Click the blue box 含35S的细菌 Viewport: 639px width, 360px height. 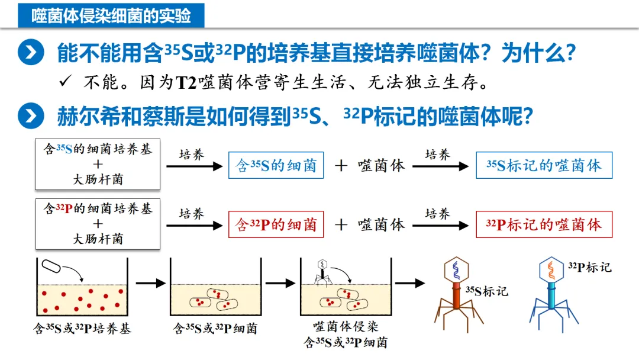pyautogui.click(x=276, y=166)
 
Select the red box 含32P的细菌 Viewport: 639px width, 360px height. pyautogui.click(x=276, y=224)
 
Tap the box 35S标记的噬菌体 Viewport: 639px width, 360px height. pyautogui.click(x=544, y=166)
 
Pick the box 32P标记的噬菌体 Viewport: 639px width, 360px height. pyautogui.click(x=544, y=224)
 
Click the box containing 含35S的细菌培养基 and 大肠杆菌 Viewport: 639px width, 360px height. pyautogui.click(x=98, y=164)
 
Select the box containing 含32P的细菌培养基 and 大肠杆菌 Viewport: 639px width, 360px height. pyautogui.click(x=98, y=223)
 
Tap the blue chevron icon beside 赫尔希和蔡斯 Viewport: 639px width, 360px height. pyautogui.click(x=31, y=115)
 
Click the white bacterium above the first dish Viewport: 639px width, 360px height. pyautogui.click(x=50, y=266)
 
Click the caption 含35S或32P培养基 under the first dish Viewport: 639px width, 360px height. pyautogui.click(x=82, y=329)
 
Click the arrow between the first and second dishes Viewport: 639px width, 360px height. pyautogui.click(x=150, y=283)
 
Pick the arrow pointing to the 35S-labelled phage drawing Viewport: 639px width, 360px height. pyautogui.click(x=410, y=283)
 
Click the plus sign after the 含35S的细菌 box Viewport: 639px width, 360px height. pyautogui.click(x=341, y=166)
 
